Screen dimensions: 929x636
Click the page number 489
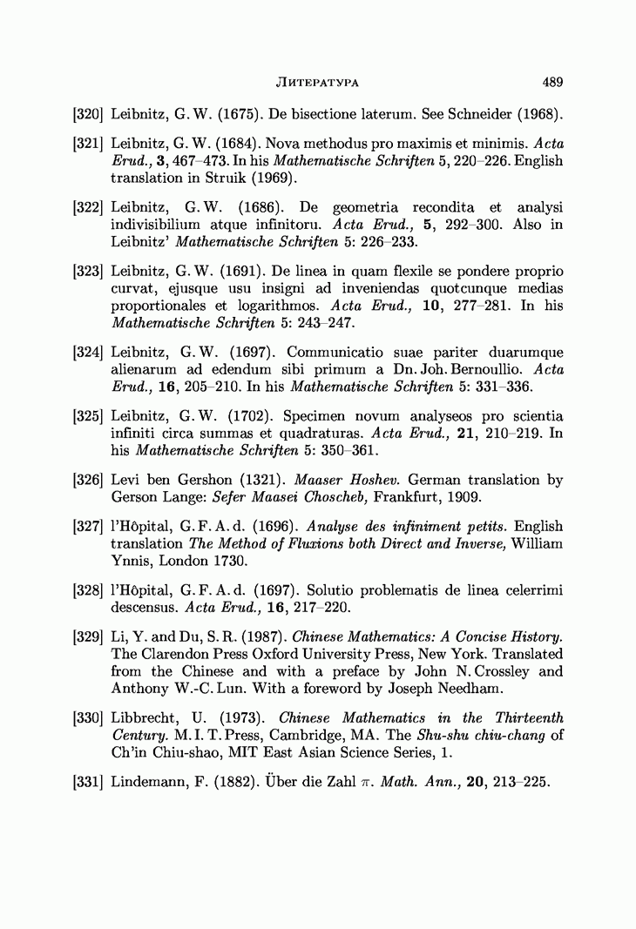point(552,83)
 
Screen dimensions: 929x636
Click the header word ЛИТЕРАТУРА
point(318,83)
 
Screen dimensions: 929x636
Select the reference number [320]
point(88,113)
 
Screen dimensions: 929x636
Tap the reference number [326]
point(88,481)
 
